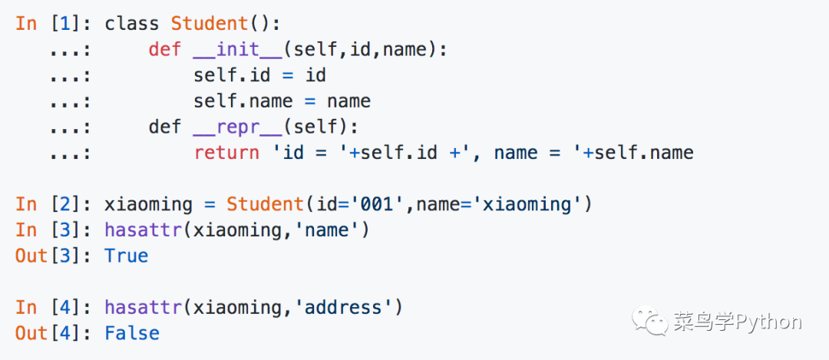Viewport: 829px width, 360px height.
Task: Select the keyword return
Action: pyautogui.click(x=226, y=153)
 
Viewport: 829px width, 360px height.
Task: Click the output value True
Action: pyautogui.click(x=126, y=256)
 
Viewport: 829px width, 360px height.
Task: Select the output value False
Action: pyautogui.click(x=132, y=333)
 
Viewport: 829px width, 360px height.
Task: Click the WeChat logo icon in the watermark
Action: pyautogui.click(x=649, y=322)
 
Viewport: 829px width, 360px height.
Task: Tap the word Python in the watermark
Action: pyautogui.click(x=768, y=322)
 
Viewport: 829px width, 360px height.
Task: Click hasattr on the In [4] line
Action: pyautogui.click(x=143, y=307)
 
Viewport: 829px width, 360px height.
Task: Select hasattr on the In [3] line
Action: pyautogui.click(x=143, y=230)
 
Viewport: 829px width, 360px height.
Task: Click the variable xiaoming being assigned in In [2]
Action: pyautogui.click(x=148, y=204)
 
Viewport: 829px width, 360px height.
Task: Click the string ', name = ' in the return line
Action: pyautogui.click(x=522, y=153)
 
